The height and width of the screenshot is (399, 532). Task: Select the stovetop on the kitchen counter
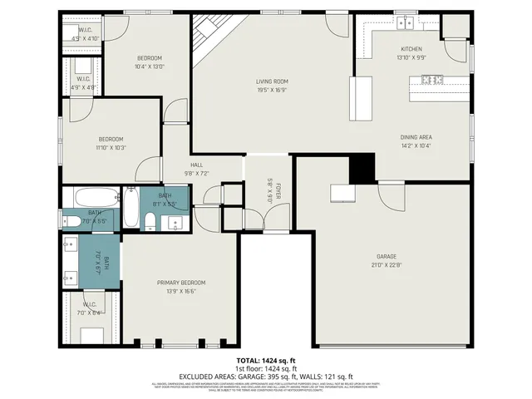(432, 80)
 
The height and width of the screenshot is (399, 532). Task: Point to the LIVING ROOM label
(271, 81)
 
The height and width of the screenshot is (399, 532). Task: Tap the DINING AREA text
(416, 137)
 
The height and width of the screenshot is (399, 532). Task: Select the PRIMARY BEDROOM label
(180, 283)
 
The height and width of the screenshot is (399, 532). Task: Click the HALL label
(196, 165)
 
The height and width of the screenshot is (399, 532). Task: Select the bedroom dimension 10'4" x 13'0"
(149, 66)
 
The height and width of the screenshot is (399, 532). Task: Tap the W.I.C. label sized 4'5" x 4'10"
(85, 38)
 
